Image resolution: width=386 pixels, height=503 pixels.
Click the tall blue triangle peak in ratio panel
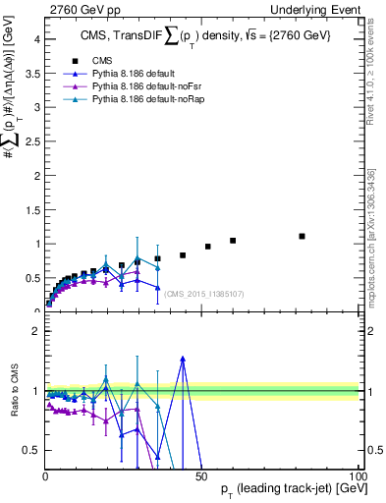[183, 360]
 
